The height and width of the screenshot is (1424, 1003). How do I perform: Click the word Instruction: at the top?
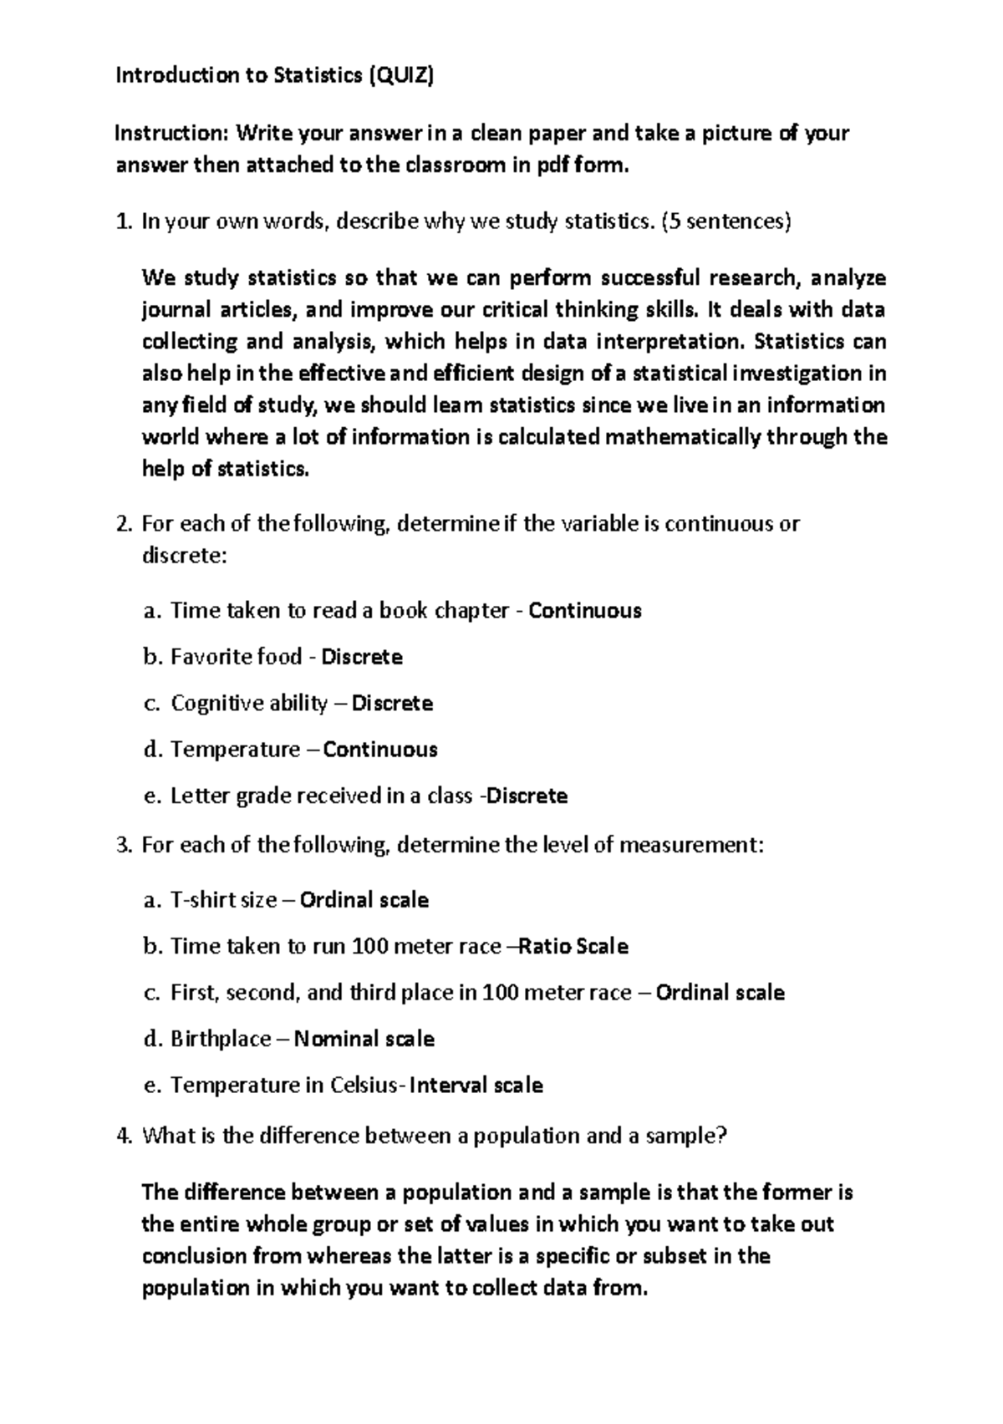(x=172, y=133)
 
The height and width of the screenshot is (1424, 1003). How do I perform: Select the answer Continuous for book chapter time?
(x=585, y=611)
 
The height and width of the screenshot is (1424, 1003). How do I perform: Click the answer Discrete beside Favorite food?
(x=362, y=657)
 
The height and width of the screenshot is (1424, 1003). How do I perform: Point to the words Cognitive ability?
(x=249, y=704)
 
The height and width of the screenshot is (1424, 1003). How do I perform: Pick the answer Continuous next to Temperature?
(x=380, y=750)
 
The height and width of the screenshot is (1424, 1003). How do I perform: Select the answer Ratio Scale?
(x=573, y=947)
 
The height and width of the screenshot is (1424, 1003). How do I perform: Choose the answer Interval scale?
(x=476, y=1086)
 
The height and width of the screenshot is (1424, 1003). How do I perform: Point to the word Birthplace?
(x=221, y=1040)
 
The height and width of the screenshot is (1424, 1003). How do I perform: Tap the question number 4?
(x=123, y=1137)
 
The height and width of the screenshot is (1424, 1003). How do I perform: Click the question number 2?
(x=123, y=525)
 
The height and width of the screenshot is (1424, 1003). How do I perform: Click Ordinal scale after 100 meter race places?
(x=720, y=993)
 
